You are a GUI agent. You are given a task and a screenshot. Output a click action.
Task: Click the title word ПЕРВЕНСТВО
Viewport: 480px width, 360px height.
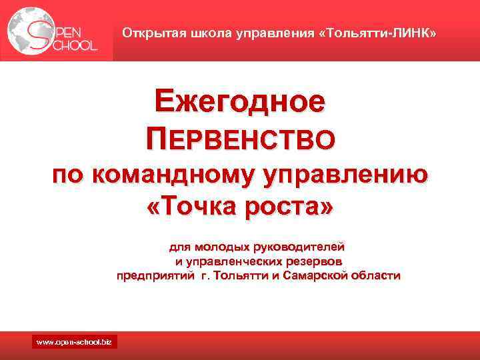click(x=241, y=139)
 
